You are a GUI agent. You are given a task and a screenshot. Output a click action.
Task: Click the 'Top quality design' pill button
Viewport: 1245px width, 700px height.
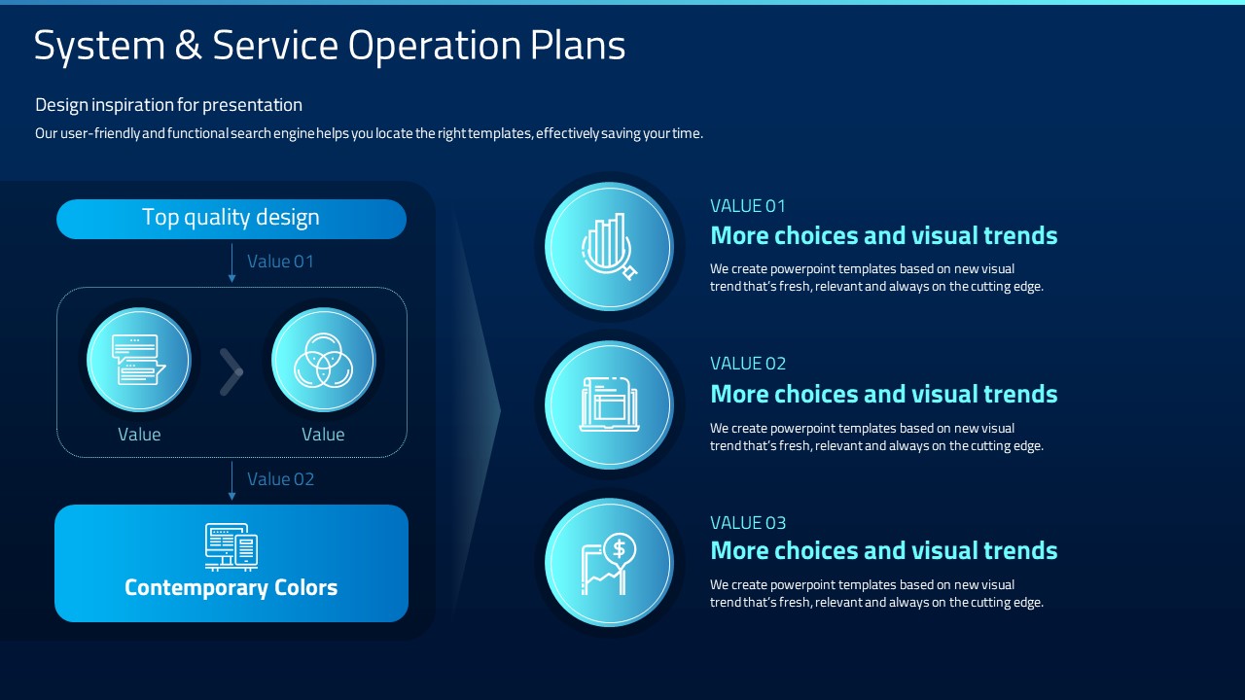point(231,219)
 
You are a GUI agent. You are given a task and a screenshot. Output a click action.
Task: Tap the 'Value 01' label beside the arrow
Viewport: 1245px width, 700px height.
point(280,262)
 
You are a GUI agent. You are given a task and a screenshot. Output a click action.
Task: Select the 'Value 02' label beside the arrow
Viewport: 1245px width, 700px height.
point(281,479)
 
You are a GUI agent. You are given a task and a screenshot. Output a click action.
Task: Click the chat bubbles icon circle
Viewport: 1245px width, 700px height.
point(139,360)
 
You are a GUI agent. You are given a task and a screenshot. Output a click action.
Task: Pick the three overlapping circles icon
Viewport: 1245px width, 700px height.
point(323,360)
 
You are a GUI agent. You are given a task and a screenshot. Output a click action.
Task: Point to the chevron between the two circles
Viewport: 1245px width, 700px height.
point(231,372)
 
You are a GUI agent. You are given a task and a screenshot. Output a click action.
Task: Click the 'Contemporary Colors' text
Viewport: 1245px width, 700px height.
point(231,587)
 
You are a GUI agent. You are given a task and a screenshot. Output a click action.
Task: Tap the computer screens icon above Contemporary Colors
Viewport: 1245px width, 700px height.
point(231,547)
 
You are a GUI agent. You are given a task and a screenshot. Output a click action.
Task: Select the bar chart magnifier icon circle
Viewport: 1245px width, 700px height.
point(609,247)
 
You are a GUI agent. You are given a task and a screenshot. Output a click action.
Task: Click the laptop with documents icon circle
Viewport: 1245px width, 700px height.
point(609,404)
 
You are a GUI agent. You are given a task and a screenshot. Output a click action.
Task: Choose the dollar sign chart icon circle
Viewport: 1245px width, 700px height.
point(609,562)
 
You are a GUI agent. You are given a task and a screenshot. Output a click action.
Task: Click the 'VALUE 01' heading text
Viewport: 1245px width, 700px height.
point(748,206)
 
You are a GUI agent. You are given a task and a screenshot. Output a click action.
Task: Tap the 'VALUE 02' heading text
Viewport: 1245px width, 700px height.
point(748,364)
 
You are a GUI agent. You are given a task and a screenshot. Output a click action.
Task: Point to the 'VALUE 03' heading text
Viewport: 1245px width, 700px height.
point(748,523)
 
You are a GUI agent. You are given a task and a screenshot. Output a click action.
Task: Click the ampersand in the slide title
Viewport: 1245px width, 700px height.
point(189,45)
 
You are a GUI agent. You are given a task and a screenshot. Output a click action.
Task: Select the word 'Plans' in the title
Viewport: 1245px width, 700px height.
point(578,45)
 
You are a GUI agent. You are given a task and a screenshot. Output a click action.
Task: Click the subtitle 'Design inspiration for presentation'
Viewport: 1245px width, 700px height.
point(168,105)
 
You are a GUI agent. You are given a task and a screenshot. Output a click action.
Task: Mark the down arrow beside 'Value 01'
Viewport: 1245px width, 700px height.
point(231,262)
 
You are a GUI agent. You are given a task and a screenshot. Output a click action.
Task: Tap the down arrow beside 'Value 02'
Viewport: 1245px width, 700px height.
point(231,481)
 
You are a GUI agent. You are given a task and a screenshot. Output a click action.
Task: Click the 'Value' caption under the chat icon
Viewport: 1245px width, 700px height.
point(139,434)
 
